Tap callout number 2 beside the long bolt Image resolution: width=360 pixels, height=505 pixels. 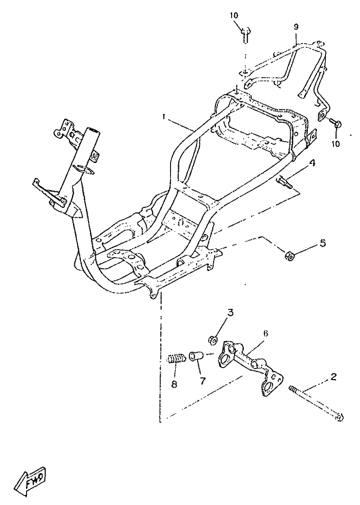tap(333, 377)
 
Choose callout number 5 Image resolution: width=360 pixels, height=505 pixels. tap(323, 243)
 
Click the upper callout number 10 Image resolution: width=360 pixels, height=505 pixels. tap(234, 15)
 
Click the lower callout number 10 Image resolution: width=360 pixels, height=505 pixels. tap(336, 144)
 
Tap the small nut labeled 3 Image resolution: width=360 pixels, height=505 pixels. tap(213, 339)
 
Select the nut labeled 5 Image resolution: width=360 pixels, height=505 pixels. tap(290, 256)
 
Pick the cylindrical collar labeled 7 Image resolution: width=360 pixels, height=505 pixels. tap(197, 355)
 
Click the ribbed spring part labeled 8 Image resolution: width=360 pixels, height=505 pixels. tap(176, 360)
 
